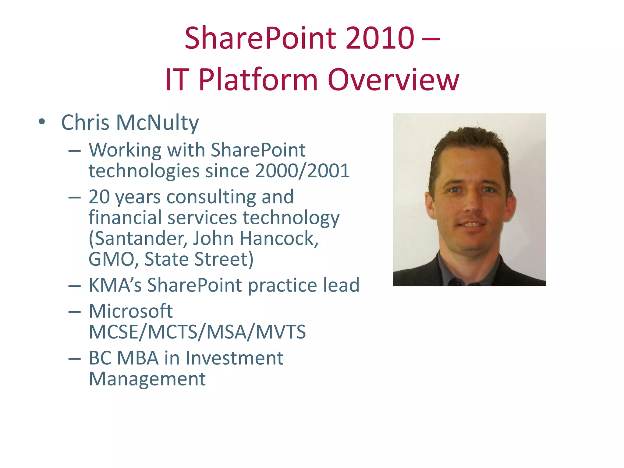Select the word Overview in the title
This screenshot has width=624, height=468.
point(393,80)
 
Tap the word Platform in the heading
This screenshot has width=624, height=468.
point(258,80)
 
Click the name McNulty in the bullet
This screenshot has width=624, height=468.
point(158,122)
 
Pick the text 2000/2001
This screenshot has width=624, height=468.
point(302,171)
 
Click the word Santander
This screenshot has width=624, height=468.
point(138,238)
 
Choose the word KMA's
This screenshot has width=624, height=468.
point(115,285)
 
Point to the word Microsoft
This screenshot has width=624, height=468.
point(131,311)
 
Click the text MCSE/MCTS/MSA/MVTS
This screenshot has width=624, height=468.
point(197,332)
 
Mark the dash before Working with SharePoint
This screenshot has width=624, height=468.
point(74,150)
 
